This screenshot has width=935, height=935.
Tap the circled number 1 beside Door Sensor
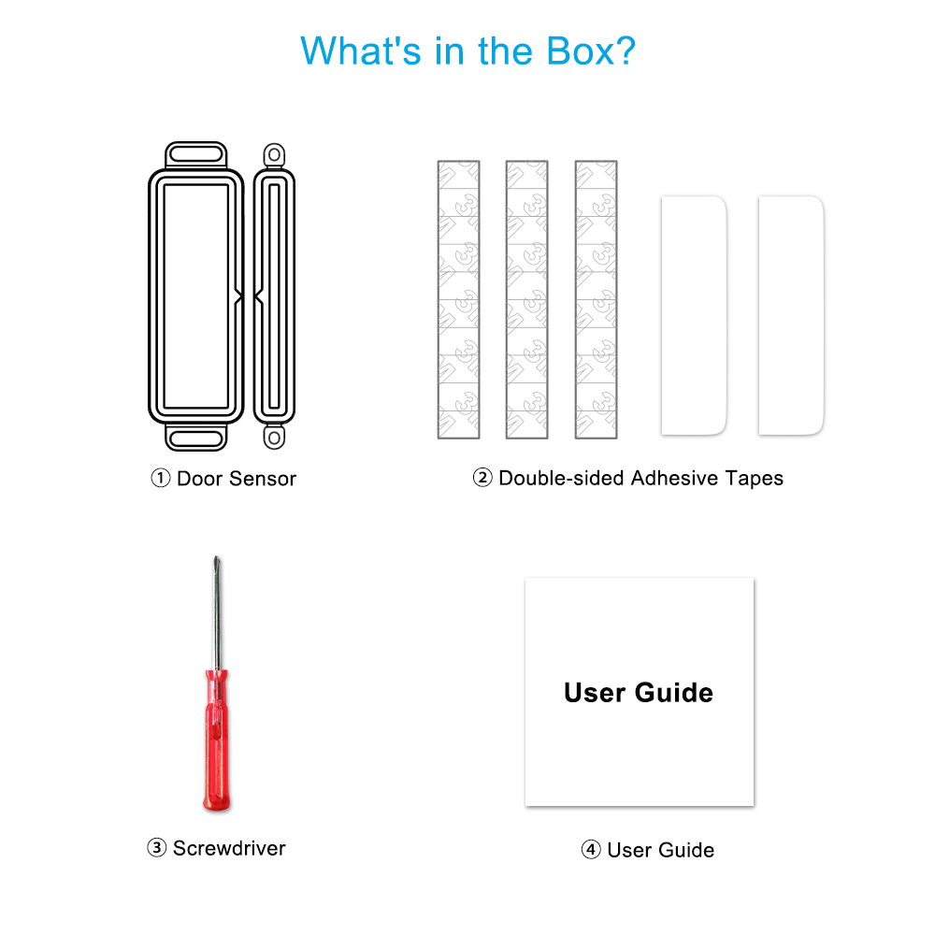161,478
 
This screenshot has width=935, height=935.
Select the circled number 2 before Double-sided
482,478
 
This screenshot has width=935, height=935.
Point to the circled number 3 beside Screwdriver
157,847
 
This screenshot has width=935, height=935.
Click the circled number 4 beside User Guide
591,849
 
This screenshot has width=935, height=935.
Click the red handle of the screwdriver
217,740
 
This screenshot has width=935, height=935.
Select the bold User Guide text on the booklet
639,692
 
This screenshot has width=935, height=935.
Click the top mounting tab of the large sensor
196,155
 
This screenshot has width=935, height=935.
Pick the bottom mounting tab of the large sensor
196,439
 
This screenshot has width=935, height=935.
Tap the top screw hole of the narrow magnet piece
274,155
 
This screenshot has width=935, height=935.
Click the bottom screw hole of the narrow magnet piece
274,438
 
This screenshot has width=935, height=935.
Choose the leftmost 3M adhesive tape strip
458,299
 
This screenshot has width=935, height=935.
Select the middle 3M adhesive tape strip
527,299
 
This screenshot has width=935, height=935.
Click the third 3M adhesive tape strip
597,299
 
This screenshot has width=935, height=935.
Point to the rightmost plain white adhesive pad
791,315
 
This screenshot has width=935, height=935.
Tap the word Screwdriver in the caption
230,848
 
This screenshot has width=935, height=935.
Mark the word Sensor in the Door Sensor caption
263,479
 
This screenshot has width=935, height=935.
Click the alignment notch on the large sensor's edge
238,296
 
